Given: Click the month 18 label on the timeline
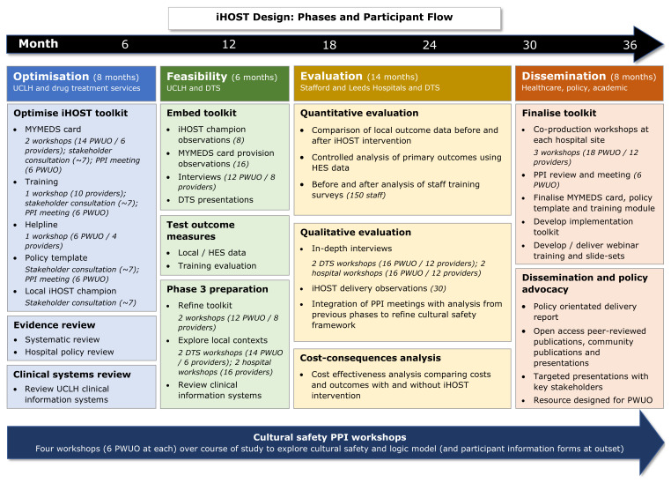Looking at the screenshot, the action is (329, 45).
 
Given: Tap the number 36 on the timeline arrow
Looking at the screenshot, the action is (630, 45).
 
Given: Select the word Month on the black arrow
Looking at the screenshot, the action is (38, 44).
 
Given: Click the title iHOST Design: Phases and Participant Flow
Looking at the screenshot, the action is (335, 17).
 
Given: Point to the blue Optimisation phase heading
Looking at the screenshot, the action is (51, 76).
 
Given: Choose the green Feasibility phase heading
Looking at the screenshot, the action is (197, 77).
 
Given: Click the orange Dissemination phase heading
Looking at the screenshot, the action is (564, 76).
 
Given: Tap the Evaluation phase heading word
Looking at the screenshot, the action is (331, 76).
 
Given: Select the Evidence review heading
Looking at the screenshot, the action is (55, 325).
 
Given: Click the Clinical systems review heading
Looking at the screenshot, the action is (72, 375).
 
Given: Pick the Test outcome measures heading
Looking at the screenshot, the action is (201, 230).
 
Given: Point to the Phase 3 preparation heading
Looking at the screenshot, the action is (218, 289).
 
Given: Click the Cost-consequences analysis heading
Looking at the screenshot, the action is (370, 358).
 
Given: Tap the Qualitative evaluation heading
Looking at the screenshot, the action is (356, 232).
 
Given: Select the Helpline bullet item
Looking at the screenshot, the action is (41, 225).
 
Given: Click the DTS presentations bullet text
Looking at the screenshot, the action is (216, 199).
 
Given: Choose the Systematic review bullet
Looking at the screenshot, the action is (62, 339).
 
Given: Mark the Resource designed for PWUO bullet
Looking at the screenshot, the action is (593, 400).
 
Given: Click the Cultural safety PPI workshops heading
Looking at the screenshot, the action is (329, 437).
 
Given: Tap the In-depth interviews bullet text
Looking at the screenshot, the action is (351, 249).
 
